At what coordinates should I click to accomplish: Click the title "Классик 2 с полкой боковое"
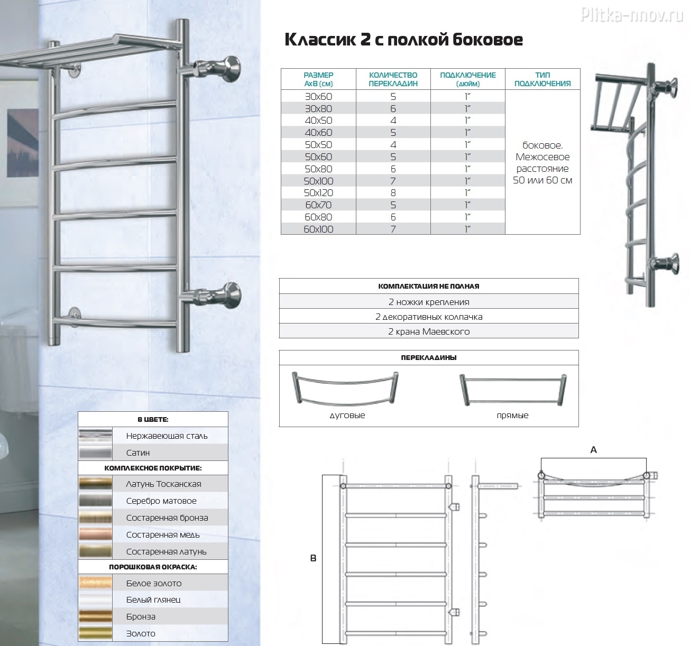click(403, 40)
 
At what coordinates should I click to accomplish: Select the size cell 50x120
click(318, 193)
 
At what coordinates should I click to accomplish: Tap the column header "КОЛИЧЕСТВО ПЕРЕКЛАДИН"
click(393, 79)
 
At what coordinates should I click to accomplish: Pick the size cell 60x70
click(318, 205)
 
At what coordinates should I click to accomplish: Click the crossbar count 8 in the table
click(393, 193)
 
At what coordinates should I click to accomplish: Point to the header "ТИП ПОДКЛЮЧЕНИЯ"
click(542, 79)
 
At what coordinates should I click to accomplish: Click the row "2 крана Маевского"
click(429, 331)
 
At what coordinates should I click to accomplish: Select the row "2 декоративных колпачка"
click(429, 317)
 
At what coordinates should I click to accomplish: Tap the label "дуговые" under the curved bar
click(347, 416)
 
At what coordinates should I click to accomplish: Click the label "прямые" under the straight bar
click(512, 416)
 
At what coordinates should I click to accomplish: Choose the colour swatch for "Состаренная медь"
click(95, 534)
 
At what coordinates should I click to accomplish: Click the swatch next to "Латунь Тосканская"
click(95, 484)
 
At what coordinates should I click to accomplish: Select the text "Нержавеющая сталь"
click(167, 436)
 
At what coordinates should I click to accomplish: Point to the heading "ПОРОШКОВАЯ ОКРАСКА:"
click(153, 567)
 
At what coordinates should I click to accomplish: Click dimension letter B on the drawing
click(313, 558)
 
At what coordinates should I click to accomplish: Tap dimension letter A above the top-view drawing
click(593, 450)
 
